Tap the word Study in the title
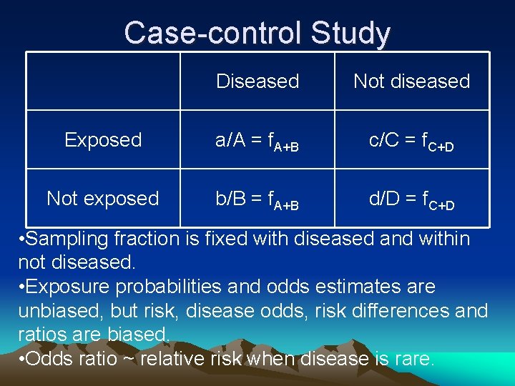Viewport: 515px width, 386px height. (x=350, y=33)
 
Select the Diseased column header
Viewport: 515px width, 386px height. (x=257, y=81)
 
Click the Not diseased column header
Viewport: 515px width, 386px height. (x=411, y=81)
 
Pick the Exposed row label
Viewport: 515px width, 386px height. (x=103, y=140)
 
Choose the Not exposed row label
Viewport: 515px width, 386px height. (x=103, y=199)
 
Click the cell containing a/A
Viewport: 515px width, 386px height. (x=257, y=141)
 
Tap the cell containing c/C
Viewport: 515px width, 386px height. (x=411, y=141)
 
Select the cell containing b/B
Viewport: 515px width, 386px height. (x=257, y=199)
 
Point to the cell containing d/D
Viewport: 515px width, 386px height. (x=411, y=199)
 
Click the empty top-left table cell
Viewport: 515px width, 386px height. (x=103, y=81)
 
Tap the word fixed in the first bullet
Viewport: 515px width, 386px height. (x=227, y=239)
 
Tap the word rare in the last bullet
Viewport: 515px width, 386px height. (x=413, y=359)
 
